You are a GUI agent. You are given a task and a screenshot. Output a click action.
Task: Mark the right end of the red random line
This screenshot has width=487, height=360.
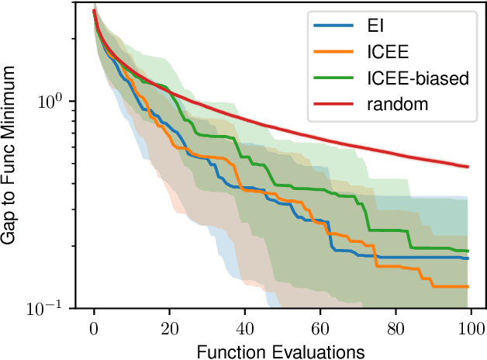click(468, 167)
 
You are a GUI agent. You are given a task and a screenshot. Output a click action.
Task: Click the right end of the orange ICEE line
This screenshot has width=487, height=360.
click(468, 286)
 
